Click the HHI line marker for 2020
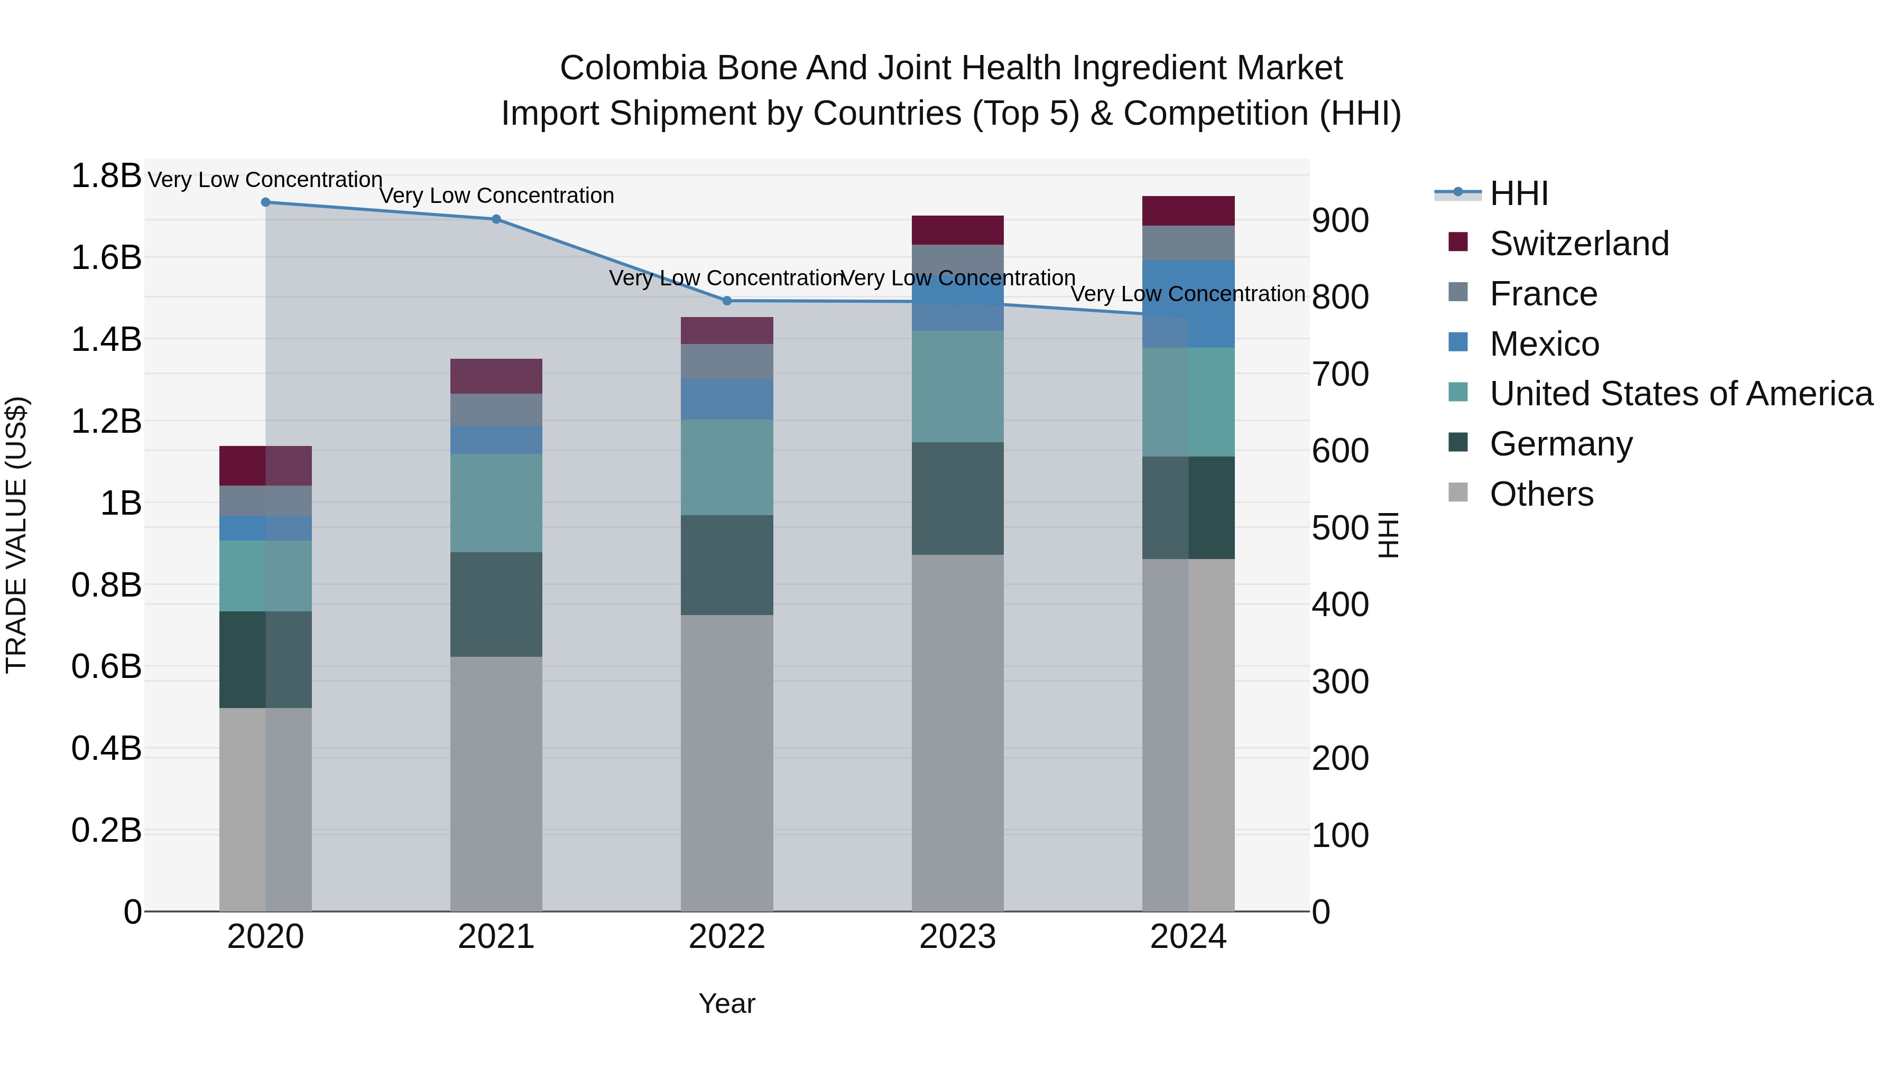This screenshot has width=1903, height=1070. click(265, 202)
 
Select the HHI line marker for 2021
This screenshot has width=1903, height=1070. click(496, 219)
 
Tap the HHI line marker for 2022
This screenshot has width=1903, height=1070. click(727, 301)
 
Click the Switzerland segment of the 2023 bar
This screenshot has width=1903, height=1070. click(957, 230)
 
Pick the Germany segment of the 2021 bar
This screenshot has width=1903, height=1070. click(496, 604)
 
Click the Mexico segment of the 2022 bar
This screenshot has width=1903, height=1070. click(727, 399)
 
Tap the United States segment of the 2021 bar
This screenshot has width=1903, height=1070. click(496, 503)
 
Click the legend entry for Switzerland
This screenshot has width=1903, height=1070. click(1578, 244)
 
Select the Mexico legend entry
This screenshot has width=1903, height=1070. click(1544, 344)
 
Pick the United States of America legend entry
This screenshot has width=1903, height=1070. click(1680, 394)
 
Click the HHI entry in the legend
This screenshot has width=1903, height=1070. click(1518, 193)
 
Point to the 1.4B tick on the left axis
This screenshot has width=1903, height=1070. click(106, 340)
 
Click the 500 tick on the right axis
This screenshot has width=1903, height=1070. click(1340, 528)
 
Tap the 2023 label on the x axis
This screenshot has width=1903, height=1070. click(957, 937)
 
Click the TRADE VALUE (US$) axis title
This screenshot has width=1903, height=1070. click(16, 535)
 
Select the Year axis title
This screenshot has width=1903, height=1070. click(727, 1003)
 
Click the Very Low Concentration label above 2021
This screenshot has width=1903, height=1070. click(496, 196)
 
